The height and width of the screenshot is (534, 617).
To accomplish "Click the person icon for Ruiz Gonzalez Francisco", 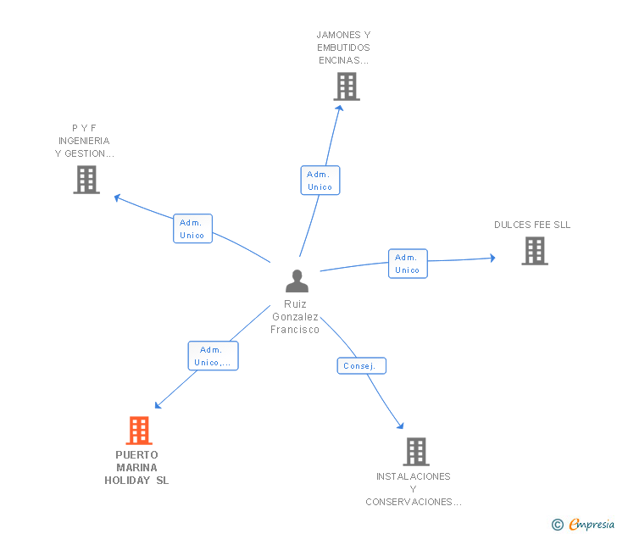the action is point(297,281).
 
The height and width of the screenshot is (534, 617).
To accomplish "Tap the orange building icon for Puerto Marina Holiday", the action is point(139,431).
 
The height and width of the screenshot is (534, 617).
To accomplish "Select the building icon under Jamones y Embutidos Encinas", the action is point(347,86).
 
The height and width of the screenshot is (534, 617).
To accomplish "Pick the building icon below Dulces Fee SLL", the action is point(535,251).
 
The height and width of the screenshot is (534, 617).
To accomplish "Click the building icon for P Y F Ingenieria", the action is point(86,180).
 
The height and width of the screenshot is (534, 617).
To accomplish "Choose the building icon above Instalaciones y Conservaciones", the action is point(416,452).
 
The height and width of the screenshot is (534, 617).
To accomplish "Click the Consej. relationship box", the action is point(362,365).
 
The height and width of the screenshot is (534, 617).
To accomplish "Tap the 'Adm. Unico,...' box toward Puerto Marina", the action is point(214,356).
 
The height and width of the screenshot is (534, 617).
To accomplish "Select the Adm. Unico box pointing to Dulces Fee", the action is point(408,264).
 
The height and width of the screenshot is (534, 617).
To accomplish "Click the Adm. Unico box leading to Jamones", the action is point(320,181).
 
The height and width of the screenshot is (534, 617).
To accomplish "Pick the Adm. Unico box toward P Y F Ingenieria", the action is point(193,229).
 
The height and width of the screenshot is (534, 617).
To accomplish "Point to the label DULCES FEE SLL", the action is point(532,225).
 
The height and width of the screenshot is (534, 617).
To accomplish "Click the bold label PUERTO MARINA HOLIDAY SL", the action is point(136,468).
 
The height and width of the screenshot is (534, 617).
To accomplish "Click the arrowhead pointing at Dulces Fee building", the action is point(492,258).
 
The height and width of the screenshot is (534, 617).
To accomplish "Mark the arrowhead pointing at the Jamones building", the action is point(340,108).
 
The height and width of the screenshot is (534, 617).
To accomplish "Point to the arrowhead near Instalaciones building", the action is point(400,426).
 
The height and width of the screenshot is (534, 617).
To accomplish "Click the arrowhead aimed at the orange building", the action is point(158,405).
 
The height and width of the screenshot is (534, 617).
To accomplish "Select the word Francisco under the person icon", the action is point(295,330).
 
